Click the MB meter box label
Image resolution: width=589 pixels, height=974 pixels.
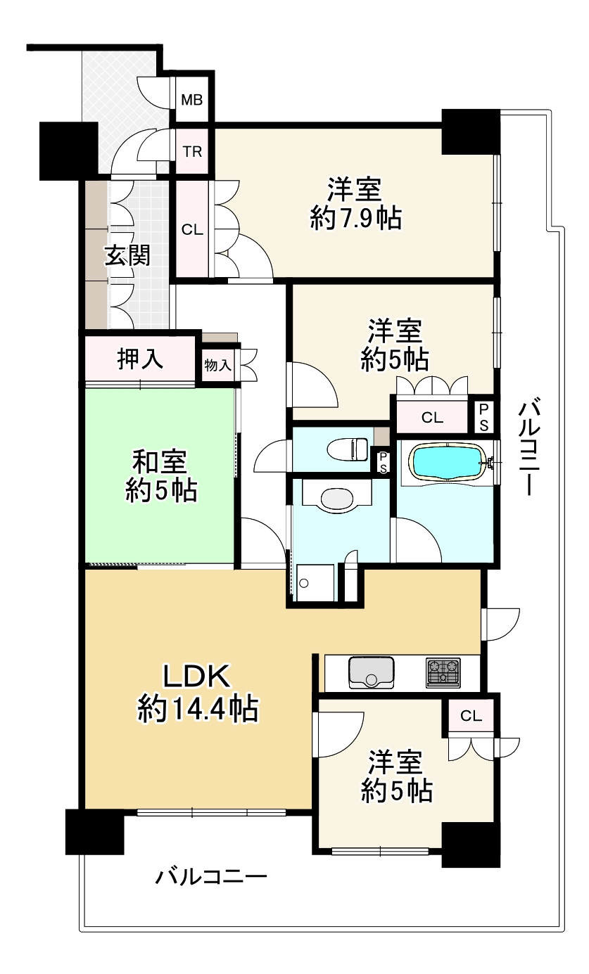(x=191, y=99)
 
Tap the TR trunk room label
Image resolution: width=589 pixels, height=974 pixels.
(x=191, y=150)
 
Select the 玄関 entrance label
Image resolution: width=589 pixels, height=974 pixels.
(x=127, y=255)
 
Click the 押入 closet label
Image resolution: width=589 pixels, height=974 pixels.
(x=140, y=359)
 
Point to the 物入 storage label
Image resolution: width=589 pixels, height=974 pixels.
(x=217, y=365)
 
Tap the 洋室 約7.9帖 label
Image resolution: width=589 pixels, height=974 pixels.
(x=355, y=204)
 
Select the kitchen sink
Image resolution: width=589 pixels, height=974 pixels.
(x=371, y=673)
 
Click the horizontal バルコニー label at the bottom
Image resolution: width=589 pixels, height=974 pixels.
(x=211, y=876)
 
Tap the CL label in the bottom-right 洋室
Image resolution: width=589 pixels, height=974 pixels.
(x=471, y=716)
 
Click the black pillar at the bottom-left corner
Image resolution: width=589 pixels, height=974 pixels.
(x=94, y=832)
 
